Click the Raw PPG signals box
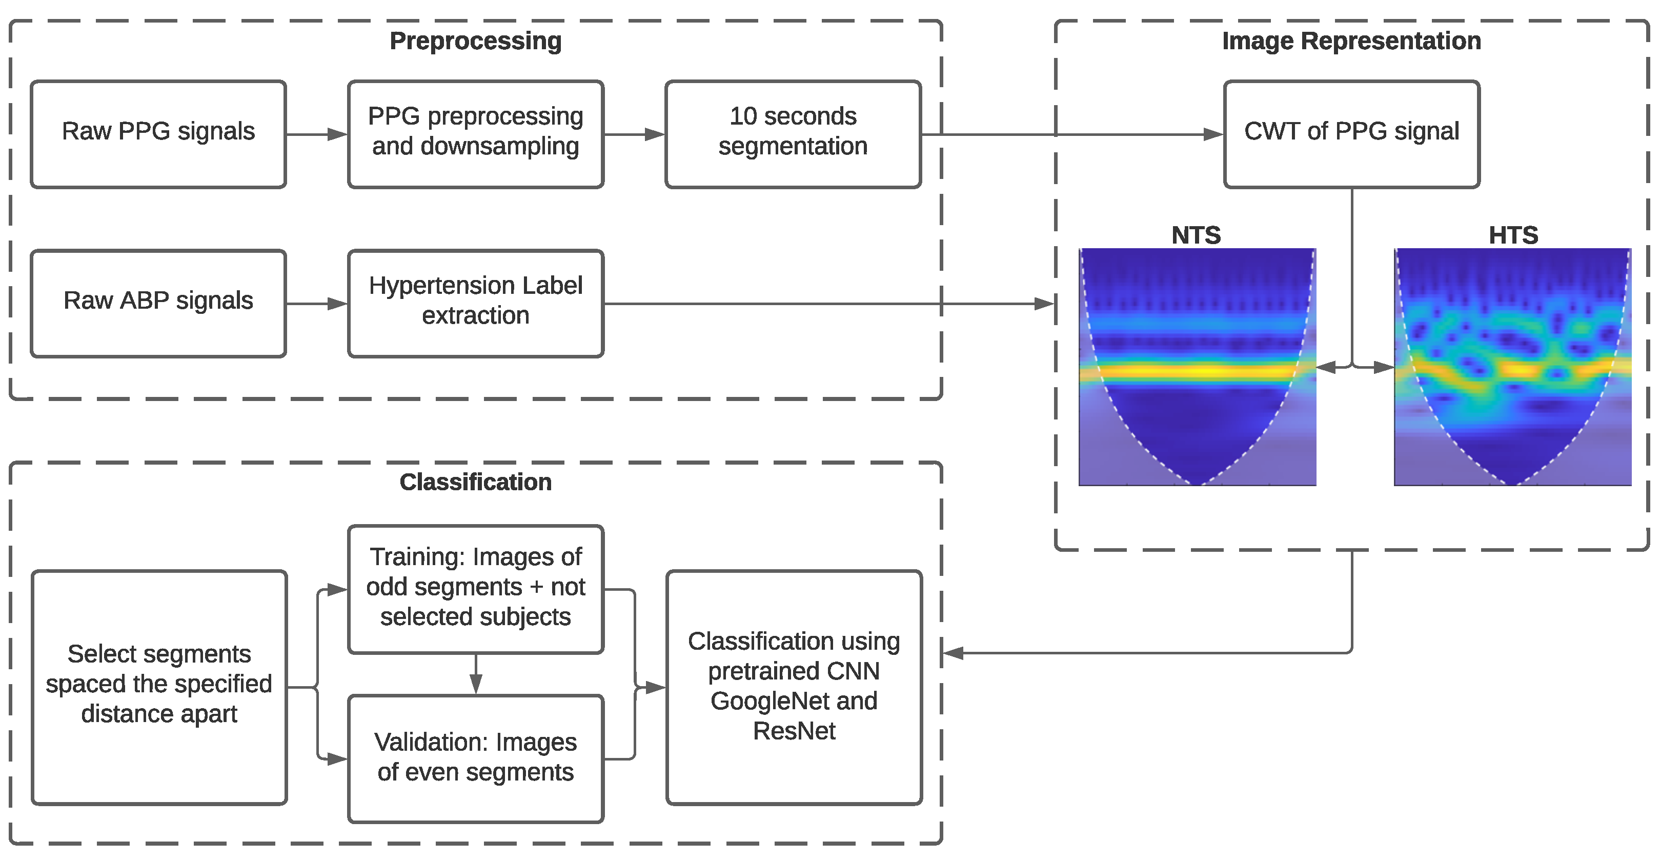pos(158,134)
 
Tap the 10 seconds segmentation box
pos(793,134)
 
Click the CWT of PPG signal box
pos(1351,134)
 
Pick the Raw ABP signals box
pos(158,303)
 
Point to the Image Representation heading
pos(1351,41)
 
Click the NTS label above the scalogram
pos(1196,235)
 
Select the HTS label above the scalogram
pos(1512,235)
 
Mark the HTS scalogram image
pos(1512,366)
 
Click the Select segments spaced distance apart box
pos(158,687)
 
